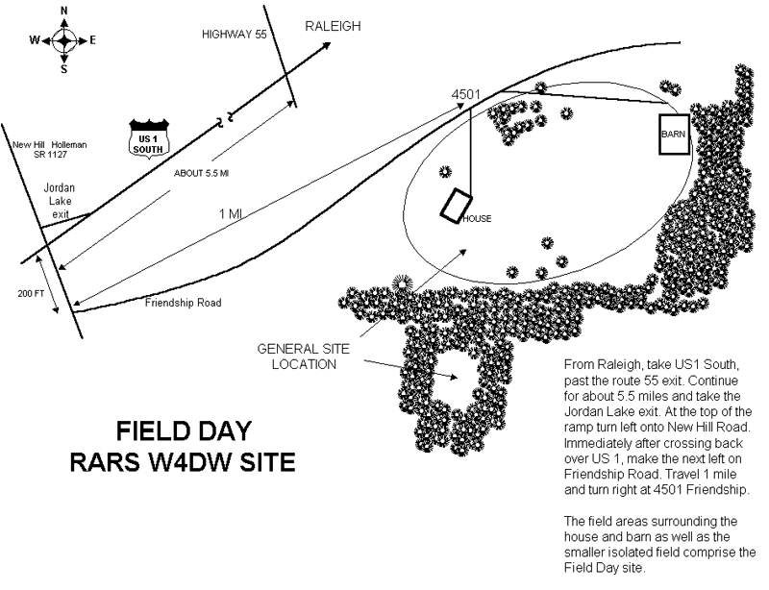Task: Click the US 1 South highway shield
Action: (149, 137)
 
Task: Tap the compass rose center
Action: (63, 40)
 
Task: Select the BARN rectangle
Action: (675, 135)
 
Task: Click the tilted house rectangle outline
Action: (456, 206)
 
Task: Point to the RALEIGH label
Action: (333, 27)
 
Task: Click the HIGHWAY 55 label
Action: (235, 35)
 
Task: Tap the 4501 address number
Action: (466, 94)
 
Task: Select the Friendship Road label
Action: (183, 303)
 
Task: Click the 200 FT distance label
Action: (31, 294)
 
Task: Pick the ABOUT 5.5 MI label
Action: (201, 173)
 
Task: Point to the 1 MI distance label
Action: (231, 214)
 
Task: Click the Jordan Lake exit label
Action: (60, 201)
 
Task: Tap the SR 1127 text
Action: (50, 155)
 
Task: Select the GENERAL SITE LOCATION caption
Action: (304, 356)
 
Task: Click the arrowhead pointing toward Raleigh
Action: (326, 45)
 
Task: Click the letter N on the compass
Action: (63, 11)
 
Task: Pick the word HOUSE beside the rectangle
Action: (477, 219)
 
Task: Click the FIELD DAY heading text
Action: (184, 431)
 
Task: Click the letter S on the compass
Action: (63, 69)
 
